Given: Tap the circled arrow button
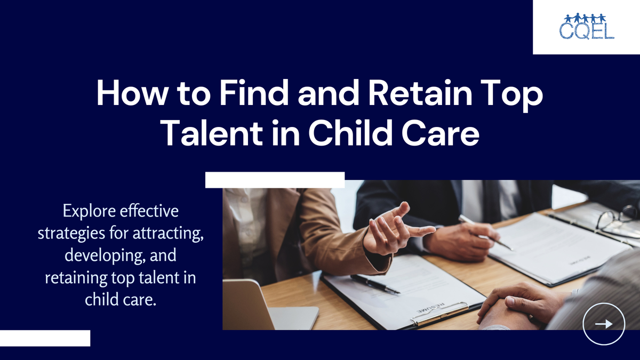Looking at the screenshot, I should coord(604,324).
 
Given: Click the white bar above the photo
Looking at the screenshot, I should coord(275,180).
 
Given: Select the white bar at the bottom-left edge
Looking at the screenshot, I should coord(45,338).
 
